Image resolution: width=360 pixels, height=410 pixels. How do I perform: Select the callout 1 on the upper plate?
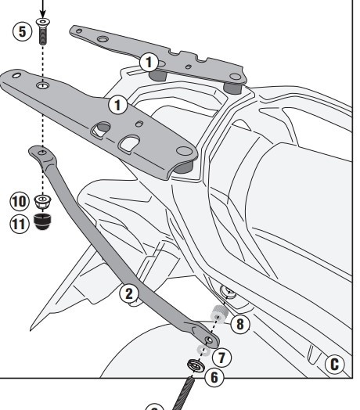coord(152,60)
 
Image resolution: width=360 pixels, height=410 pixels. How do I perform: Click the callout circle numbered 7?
coord(223,357)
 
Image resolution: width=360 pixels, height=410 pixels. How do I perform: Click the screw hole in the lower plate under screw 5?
coord(41,83)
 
